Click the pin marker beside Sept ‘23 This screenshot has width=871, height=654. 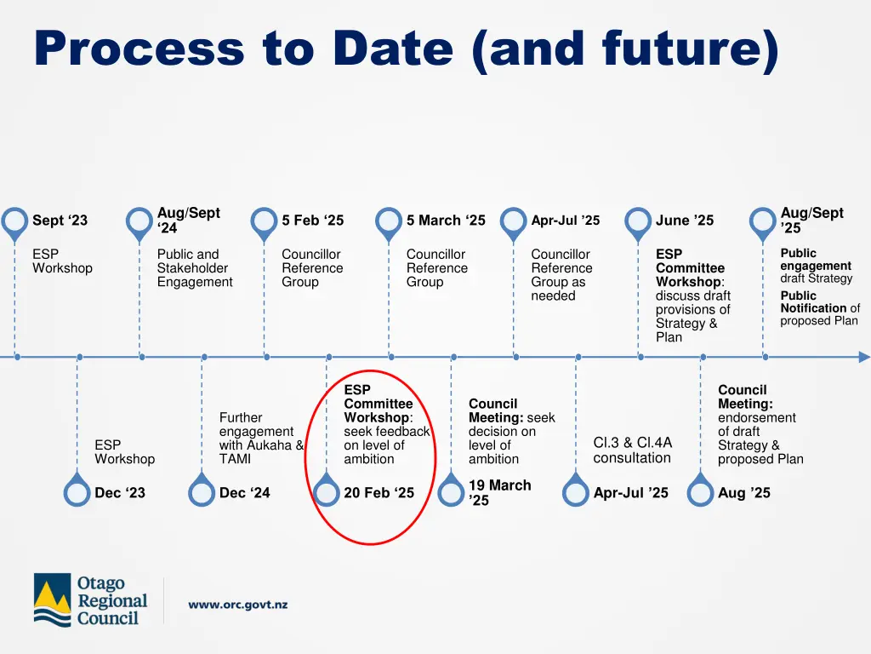[14, 222]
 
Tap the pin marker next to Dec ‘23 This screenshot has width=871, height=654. [77, 493]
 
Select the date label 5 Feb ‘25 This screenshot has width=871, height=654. [313, 221]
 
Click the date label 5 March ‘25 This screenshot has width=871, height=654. [446, 221]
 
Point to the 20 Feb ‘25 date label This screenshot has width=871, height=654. [379, 493]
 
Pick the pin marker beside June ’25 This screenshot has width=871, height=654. [638, 222]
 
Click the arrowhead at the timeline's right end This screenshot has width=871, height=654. [863, 357]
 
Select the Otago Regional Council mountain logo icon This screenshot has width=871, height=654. [53, 600]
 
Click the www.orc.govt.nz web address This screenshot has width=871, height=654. [238, 605]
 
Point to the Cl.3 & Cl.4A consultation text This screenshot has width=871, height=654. [632, 450]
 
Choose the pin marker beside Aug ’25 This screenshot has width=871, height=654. [700, 493]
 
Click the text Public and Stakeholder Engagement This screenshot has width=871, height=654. [195, 268]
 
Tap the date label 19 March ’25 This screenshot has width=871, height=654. [499, 492]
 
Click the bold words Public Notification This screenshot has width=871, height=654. [813, 302]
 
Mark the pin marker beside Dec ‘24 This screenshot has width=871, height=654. [202, 493]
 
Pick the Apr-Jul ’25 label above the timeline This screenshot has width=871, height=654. [565, 221]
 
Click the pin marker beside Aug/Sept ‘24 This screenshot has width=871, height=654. [139, 222]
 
